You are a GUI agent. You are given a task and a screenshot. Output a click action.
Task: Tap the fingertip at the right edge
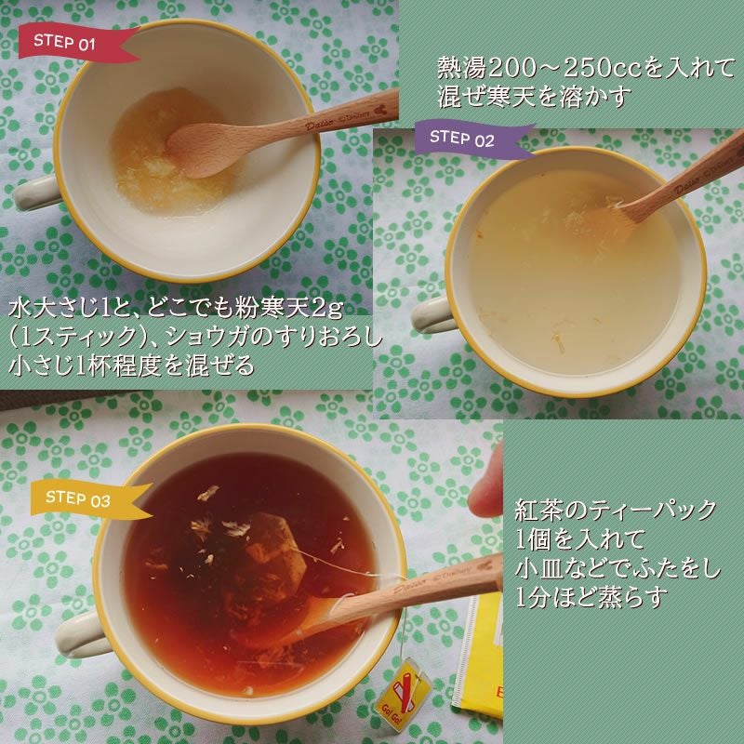click(485, 493)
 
